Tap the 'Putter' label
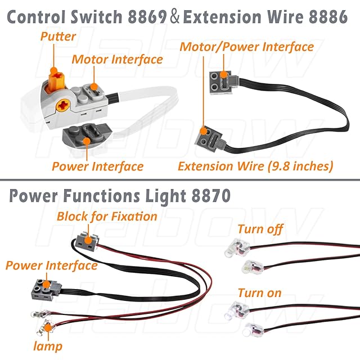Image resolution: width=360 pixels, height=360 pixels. click(x=58, y=37)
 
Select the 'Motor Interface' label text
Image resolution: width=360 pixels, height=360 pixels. click(x=117, y=59)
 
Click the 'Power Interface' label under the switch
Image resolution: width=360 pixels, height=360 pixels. click(x=97, y=166)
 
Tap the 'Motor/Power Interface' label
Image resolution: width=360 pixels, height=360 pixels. click(x=246, y=47)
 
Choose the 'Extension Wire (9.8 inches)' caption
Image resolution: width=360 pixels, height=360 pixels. click(x=255, y=166)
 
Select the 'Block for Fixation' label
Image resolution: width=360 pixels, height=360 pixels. click(x=107, y=216)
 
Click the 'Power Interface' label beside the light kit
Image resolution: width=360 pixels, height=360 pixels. click(x=52, y=265)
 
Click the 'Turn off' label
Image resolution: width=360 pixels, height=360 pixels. click(x=260, y=229)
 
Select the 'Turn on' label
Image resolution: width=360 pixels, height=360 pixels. click(x=259, y=293)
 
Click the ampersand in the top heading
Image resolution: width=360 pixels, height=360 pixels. click(x=175, y=17)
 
